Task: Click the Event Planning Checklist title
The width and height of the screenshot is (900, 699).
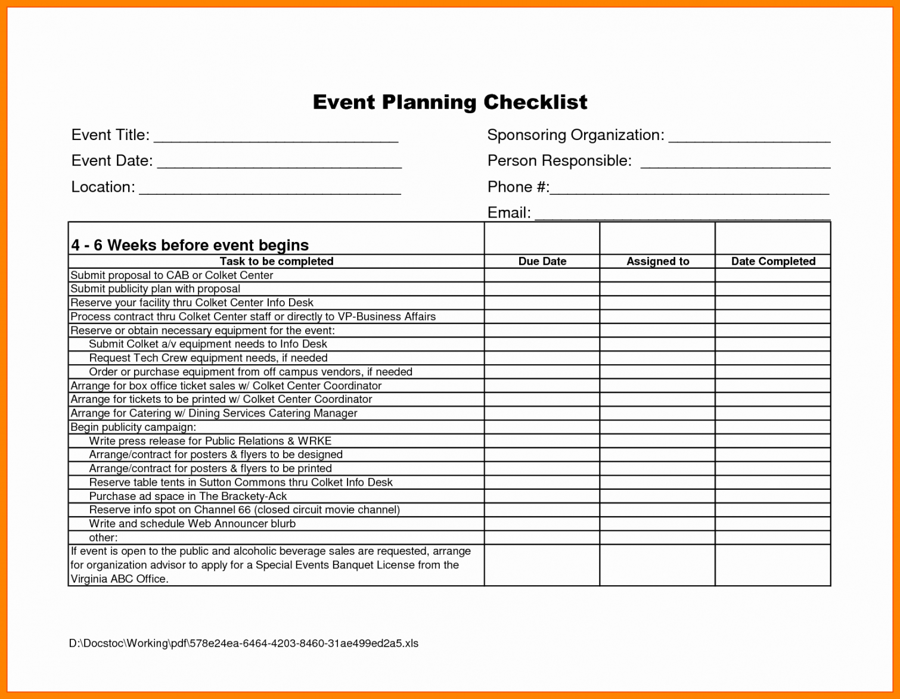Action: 450,102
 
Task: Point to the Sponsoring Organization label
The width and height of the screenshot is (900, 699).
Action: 575,135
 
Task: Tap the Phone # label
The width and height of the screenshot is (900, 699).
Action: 517,187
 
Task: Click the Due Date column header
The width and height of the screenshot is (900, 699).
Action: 542,261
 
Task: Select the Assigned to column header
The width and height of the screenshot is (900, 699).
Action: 657,261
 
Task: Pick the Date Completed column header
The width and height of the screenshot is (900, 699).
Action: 773,261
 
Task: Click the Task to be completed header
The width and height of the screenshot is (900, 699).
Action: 277,261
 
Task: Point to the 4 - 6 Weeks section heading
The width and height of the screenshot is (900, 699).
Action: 190,245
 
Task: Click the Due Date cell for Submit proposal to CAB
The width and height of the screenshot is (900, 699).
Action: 542,275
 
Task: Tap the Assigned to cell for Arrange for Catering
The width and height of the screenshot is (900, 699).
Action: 657,413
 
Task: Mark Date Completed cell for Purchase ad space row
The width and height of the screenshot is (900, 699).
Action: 773,496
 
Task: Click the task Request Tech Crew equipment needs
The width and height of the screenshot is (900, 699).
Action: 208,358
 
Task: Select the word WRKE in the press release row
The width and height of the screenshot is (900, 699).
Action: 315,441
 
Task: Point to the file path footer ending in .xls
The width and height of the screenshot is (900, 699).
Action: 244,643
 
